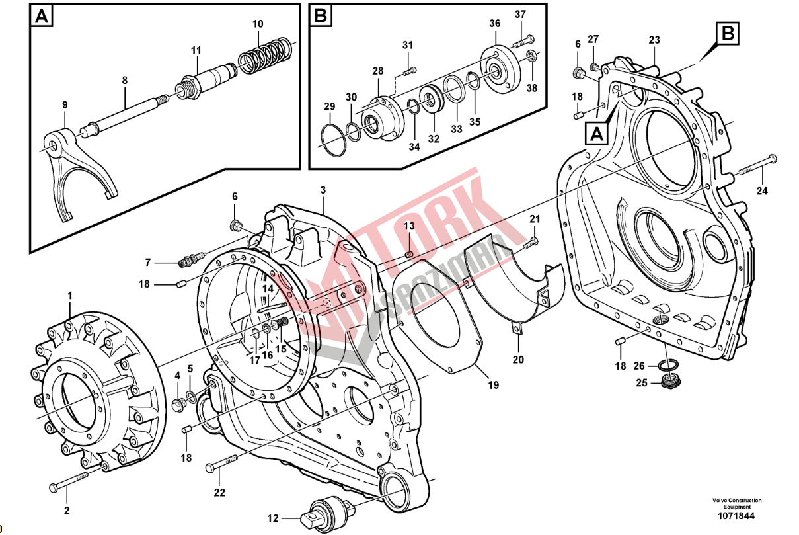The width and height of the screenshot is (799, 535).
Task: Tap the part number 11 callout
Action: point(196,50)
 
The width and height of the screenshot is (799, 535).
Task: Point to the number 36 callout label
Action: point(495,23)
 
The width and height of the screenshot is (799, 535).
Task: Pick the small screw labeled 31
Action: point(411,69)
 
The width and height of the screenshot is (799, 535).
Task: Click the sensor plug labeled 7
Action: point(190,261)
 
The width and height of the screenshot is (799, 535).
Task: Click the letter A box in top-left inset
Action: point(42,16)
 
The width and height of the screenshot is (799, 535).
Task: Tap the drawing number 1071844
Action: point(736,516)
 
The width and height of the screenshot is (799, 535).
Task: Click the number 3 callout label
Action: point(323,190)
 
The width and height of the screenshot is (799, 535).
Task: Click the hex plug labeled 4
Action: point(178,403)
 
